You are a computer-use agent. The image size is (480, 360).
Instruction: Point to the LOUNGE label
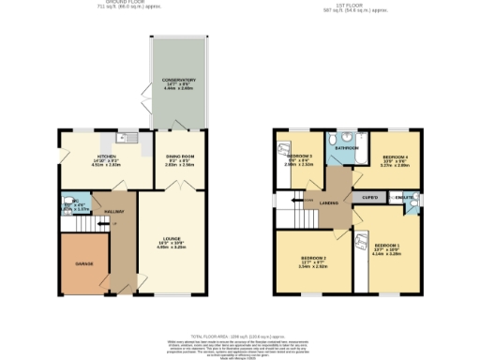click(x=169, y=239)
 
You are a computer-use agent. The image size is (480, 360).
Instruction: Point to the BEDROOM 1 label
click(x=387, y=246)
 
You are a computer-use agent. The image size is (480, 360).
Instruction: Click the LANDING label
click(x=328, y=202)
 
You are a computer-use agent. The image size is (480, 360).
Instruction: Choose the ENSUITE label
click(x=404, y=198)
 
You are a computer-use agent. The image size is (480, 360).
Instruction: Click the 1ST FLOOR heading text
click(x=363, y=3)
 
